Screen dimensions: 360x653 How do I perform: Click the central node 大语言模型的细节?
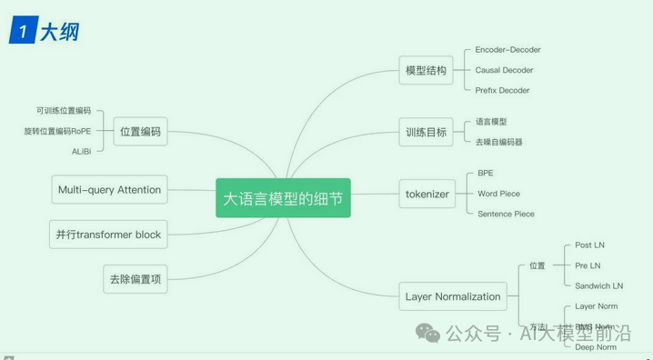pos(283,197)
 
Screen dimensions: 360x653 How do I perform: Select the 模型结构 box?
pos(427,70)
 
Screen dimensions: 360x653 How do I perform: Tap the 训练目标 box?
pos(427,132)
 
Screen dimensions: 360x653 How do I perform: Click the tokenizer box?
pos(427,194)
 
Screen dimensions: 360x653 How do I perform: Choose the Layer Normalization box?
pos(453,296)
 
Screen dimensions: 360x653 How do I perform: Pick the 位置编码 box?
pos(140,131)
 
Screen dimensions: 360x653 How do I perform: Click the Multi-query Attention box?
pos(109,190)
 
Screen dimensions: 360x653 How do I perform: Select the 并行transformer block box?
pos(108,235)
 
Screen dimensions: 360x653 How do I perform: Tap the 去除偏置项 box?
pos(135,279)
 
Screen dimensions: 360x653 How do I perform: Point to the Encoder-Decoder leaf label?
pos(507,50)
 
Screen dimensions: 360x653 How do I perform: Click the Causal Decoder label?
pos(504,70)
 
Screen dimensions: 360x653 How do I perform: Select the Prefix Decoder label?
pos(502,90)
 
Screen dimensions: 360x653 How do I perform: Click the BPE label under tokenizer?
pos(486,173)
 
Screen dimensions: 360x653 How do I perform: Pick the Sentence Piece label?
pos(506,214)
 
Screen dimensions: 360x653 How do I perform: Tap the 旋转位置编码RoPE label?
pos(57,131)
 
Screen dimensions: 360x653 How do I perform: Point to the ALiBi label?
pos(81,151)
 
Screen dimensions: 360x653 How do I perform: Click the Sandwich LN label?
pos(599,286)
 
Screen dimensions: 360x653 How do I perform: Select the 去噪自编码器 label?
pos(499,142)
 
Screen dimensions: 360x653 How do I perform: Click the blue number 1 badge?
pos(22,32)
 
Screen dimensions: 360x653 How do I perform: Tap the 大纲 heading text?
pos(59,32)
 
